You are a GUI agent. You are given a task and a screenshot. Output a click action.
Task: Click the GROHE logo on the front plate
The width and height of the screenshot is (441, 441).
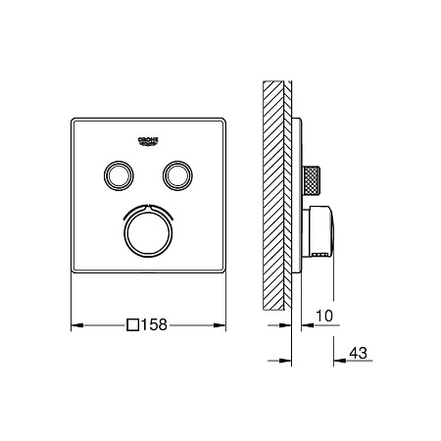[x=148, y=141]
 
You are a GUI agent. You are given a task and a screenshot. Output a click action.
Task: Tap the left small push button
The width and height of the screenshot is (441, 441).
[x=119, y=175]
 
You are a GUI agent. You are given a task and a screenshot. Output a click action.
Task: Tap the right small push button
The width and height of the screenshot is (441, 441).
[x=177, y=175]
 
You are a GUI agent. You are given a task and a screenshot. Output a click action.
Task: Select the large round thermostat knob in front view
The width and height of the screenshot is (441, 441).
[x=148, y=232]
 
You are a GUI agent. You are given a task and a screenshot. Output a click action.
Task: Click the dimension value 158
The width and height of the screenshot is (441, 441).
[x=154, y=324]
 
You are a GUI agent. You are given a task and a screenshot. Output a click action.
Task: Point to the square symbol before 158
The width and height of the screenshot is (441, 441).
[x=133, y=325]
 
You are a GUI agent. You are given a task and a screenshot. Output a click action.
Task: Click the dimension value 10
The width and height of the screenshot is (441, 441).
[x=324, y=316]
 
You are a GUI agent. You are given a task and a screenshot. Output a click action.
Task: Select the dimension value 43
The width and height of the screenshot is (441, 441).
[x=359, y=353]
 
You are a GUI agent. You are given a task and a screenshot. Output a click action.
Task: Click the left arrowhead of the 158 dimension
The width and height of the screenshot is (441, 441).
[x=77, y=325]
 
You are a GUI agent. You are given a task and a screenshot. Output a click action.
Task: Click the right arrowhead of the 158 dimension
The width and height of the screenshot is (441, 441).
[x=220, y=325]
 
